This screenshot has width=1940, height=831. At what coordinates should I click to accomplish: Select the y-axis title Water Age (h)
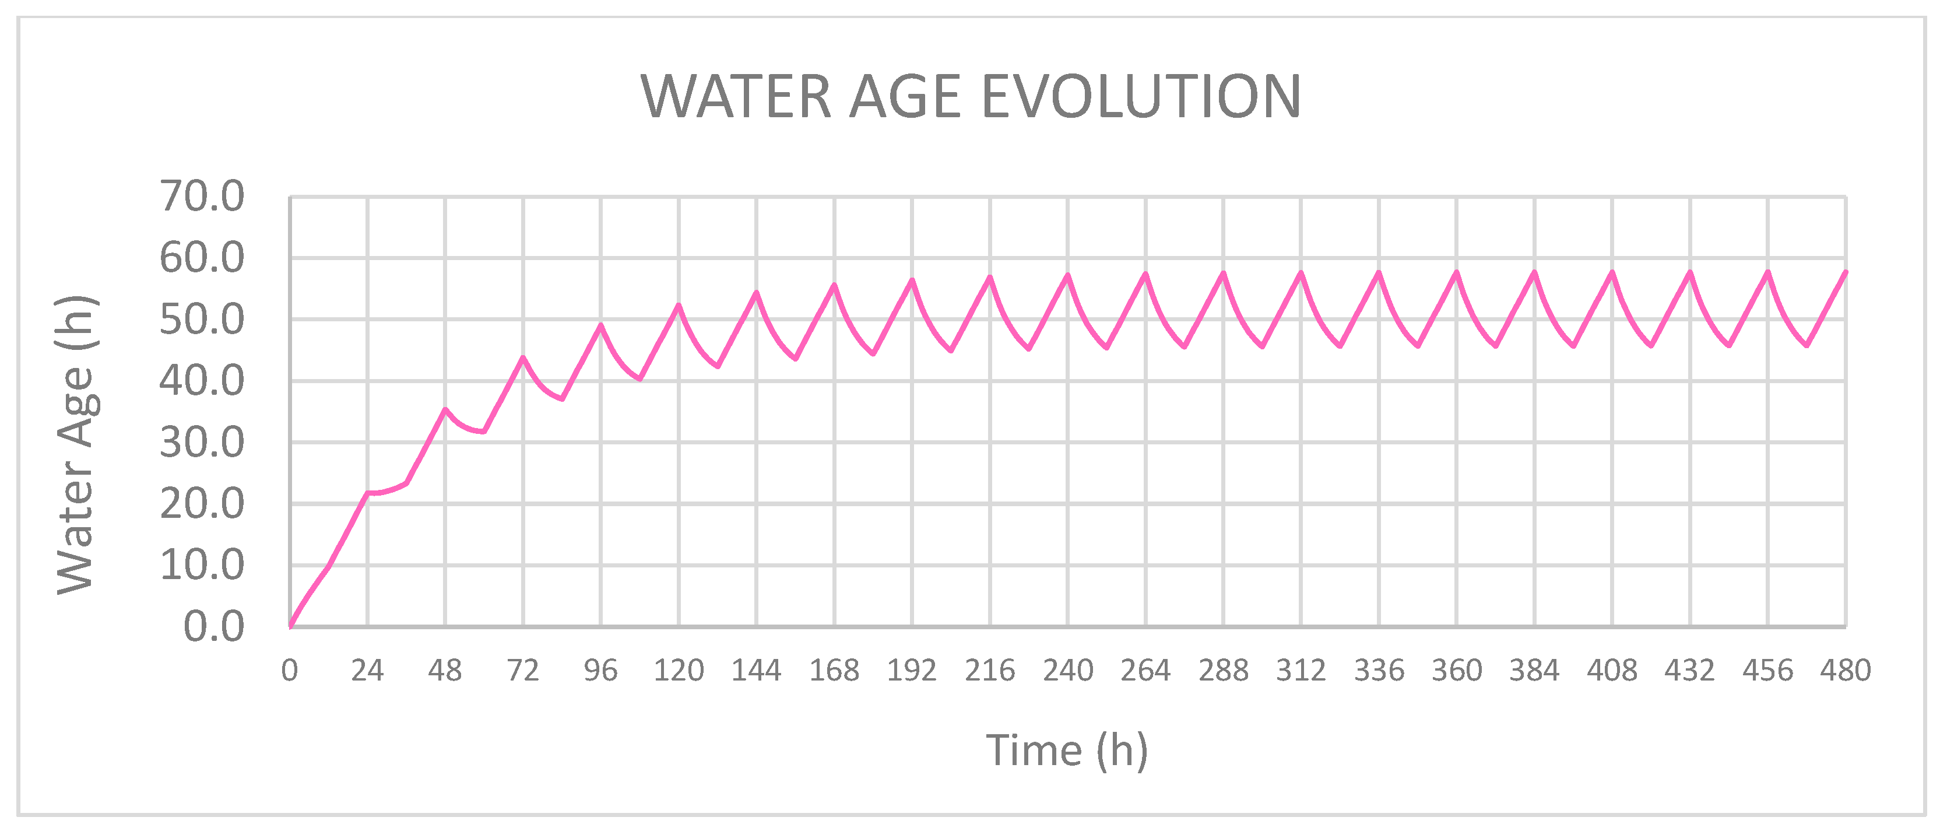pyautogui.click(x=76, y=444)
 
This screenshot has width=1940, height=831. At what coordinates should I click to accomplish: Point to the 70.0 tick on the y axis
pyautogui.click(x=202, y=197)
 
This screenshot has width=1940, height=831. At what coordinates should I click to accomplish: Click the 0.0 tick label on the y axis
pyautogui.click(x=214, y=626)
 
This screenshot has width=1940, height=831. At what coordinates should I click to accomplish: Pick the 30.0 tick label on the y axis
pyautogui.click(x=202, y=442)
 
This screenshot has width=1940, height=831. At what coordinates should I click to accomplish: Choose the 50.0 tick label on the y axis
pyautogui.click(x=202, y=320)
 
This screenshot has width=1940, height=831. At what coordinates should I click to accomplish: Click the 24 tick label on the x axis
pyautogui.click(x=367, y=670)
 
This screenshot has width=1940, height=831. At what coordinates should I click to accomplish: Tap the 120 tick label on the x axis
pyautogui.click(x=678, y=670)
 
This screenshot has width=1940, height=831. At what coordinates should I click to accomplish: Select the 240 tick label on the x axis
pyautogui.click(x=1067, y=670)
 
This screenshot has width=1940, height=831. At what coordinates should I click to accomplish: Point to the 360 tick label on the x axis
pyautogui.click(x=1457, y=670)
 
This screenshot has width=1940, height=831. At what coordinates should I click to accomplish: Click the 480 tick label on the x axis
pyautogui.click(x=1845, y=670)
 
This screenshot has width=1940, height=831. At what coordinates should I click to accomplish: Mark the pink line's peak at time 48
pyautogui.click(x=445, y=409)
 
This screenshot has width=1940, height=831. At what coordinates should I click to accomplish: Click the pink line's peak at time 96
pyautogui.click(x=601, y=325)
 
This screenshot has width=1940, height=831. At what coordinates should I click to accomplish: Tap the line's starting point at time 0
pyautogui.click(x=290, y=625)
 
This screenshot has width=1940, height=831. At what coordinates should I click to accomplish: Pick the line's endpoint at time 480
pyautogui.click(x=1845, y=272)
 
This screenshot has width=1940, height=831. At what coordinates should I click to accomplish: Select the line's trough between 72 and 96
pyautogui.click(x=562, y=398)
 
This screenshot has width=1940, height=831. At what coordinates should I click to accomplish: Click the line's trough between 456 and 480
pyautogui.click(x=1807, y=345)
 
